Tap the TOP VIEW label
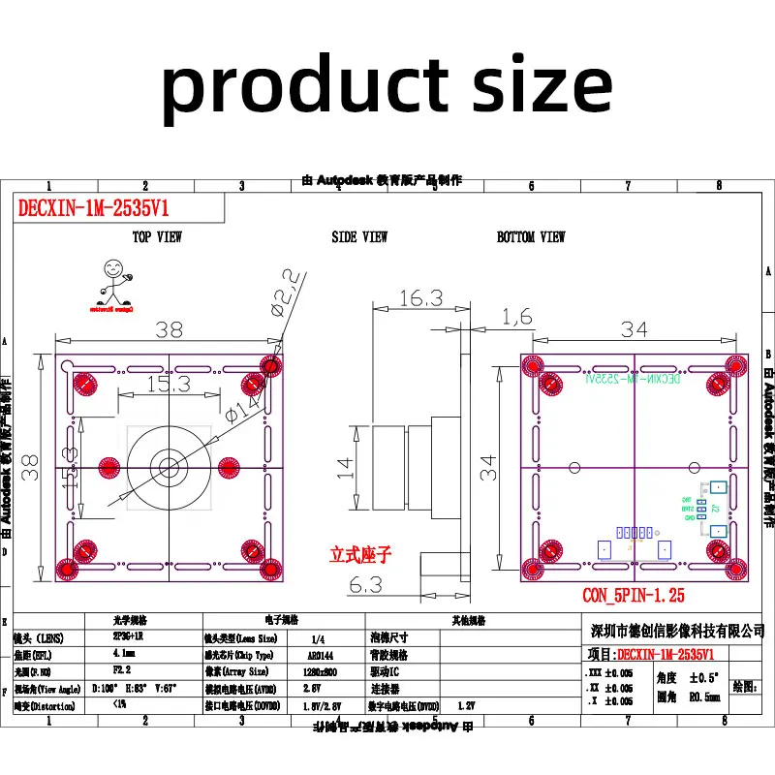(x=157, y=237)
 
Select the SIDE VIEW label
(x=359, y=237)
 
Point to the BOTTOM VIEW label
(x=531, y=237)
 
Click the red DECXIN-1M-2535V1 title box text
(x=91, y=208)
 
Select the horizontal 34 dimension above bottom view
(x=635, y=329)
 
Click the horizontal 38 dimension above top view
(x=169, y=329)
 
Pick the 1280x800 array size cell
(x=319, y=670)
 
